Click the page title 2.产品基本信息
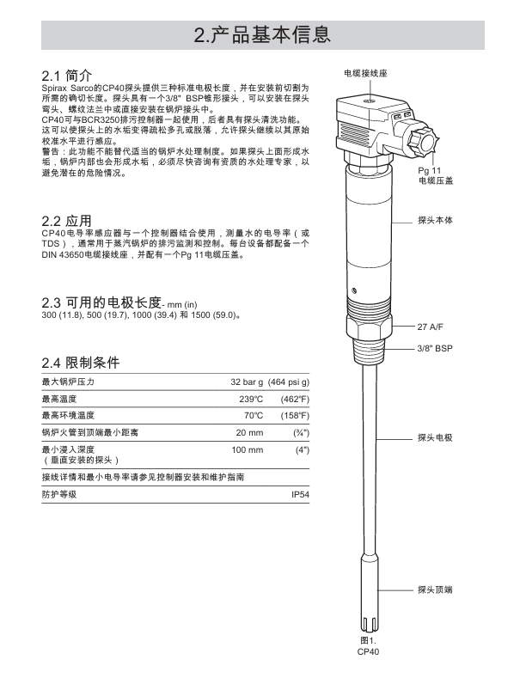pos(262,35)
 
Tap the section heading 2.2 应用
pos(67,221)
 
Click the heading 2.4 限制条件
pos(82,362)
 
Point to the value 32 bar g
pos(247,381)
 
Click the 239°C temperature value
pos(251,399)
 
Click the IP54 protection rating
pos(300,495)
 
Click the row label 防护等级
pos(59,495)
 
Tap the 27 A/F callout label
pos(431,327)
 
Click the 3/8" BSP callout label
pos(434,349)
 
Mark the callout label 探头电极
pos(434,437)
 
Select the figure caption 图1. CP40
pos(368,646)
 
